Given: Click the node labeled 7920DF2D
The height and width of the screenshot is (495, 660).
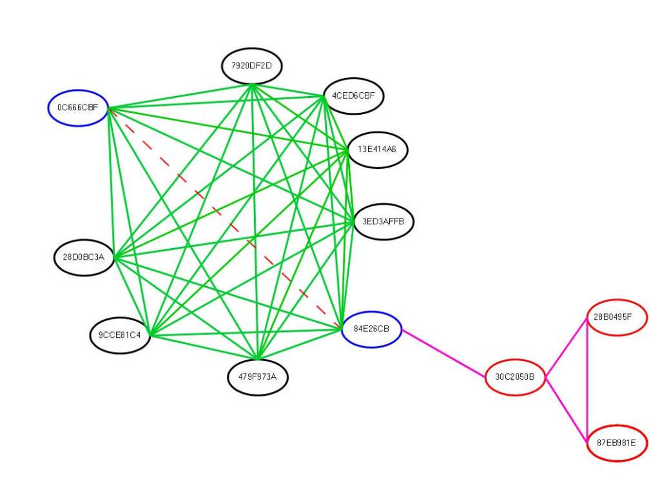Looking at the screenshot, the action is point(252,66).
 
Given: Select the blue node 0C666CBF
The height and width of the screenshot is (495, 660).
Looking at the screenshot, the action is point(78,108).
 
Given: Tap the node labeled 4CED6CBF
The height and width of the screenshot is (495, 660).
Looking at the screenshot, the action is point(354,96).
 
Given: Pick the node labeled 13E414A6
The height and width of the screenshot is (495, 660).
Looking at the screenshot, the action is point(377,150).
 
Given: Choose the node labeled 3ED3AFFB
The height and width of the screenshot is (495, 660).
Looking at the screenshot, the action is point(383,222).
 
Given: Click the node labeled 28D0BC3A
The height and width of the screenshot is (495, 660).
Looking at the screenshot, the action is point(84,257).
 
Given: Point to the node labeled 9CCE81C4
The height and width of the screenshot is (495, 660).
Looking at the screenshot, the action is point(120,335).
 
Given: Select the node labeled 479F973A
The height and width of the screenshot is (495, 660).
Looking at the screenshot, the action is point(258,377).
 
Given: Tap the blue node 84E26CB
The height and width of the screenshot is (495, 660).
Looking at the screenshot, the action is point(372,329).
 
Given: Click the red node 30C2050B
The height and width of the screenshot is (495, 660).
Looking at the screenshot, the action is point(515,377).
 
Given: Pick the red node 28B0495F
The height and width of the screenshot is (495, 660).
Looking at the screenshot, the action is point(617,317).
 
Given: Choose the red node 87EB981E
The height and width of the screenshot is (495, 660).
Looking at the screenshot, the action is point(617,443).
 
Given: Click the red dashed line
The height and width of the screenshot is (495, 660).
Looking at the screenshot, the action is point(224,217).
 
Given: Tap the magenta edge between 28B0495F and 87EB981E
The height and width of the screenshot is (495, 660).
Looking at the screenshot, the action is point(587,380).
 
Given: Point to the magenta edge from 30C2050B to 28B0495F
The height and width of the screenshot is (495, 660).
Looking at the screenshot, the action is point(566,348).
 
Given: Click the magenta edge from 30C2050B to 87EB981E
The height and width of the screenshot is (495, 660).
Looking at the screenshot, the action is point(566,410).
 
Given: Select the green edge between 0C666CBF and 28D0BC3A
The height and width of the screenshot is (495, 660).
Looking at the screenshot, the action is point(112,182).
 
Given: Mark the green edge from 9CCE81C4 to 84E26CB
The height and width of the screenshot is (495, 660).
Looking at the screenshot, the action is point(246,333).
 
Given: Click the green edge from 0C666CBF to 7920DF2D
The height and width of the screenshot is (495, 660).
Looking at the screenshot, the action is point(180,97).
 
